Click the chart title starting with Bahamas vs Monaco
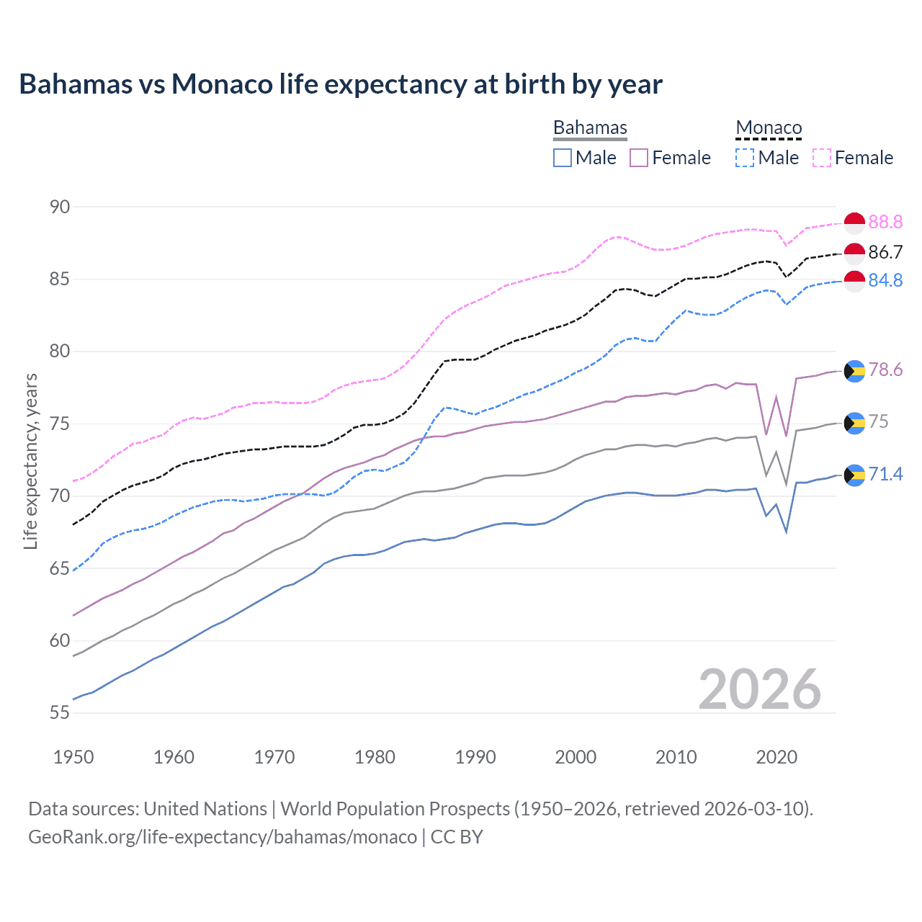point(340,84)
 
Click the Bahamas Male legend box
point(563,158)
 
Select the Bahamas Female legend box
point(639,158)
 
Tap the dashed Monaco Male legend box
point(745,158)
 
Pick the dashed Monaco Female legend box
point(822,158)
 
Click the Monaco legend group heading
point(769,128)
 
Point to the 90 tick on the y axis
point(60,207)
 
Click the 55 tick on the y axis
point(60,713)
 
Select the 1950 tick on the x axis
point(73,757)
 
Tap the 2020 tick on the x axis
point(776,757)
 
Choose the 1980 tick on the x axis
point(375,757)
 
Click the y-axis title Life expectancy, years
point(30,461)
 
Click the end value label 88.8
point(885,223)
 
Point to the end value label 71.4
point(885,475)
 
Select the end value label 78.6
point(885,370)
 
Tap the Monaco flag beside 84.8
point(854,281)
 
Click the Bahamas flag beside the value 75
point(854,423)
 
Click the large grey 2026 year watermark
point(760,689)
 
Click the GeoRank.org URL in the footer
point(223,837)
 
